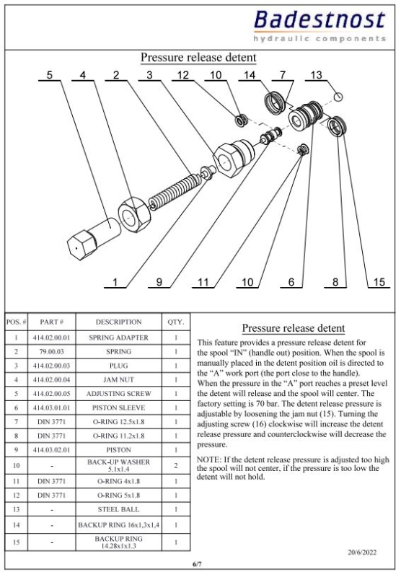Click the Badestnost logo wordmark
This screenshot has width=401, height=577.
coord(320,19)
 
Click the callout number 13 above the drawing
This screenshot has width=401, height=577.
coord(316,75)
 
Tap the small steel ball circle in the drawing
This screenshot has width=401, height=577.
coord(338,97)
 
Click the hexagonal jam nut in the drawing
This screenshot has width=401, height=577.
coord(134,215)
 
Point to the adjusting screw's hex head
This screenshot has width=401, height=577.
coord(80,245)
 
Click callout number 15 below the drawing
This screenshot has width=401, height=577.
coord(379,282)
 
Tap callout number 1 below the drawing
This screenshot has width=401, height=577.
coord(115,282)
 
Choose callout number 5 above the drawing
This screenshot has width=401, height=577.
coord(50,75)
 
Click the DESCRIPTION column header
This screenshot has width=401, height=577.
coord(118,322)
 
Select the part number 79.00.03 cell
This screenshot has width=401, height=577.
coord(51,352)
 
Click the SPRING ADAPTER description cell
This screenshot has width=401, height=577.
coord(118,338)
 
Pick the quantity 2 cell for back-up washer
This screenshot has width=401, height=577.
coord(176,465)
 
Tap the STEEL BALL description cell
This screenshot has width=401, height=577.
coord(118,510)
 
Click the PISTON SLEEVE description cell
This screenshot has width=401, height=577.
coord(118,408)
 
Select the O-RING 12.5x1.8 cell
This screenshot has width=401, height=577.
coord(118,422)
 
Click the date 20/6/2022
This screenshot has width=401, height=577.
coord(362,552)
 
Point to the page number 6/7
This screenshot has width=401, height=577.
coord(197,564)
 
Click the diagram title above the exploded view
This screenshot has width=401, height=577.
coord(198,58)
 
